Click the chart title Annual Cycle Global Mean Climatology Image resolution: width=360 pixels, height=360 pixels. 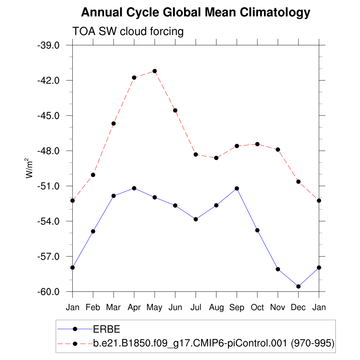[x=195, y=13]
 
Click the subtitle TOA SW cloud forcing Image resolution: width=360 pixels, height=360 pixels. [x=128, y=32]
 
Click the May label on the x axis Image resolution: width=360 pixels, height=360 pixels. [x=154, y=308]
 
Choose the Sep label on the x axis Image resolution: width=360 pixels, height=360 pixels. [x=237, y=308]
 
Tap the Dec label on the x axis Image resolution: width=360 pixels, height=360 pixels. [x=298, y=308]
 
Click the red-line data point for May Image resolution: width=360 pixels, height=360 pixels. [x=154, y=71]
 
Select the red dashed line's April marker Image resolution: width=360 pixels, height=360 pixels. [x=134, y=77]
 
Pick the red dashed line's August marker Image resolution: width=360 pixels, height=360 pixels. [x=216, y=158]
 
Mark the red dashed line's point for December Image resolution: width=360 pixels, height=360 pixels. [x=298, y=181]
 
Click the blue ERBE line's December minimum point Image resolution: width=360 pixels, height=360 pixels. [x=298, y=287]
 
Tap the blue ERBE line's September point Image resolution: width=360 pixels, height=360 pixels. [x=237, y=188]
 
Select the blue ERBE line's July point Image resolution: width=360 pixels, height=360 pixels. [x=196, y=219]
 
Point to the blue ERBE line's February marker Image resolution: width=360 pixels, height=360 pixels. [x=93, y=231]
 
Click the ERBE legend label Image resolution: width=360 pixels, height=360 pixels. [x=107, y=329]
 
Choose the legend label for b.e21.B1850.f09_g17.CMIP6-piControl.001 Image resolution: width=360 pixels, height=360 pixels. [x=213, y=343]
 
